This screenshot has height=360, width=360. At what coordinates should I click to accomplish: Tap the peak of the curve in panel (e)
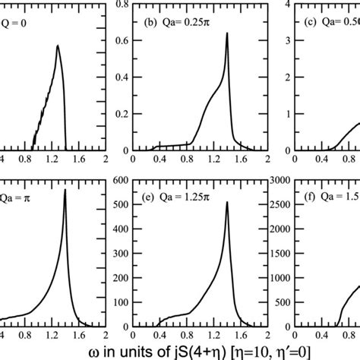coord(227,202)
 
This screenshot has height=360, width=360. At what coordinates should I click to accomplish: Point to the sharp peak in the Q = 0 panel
coord(58,45)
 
